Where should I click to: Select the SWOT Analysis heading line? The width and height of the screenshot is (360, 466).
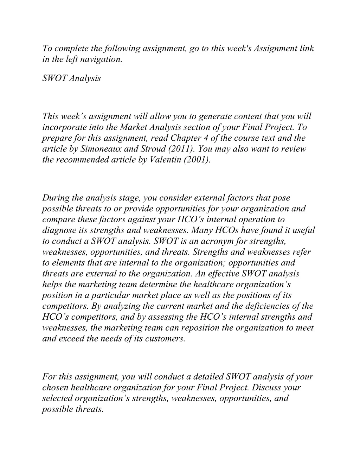click(71, 78)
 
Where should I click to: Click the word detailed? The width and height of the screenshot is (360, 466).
click(206, 377)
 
